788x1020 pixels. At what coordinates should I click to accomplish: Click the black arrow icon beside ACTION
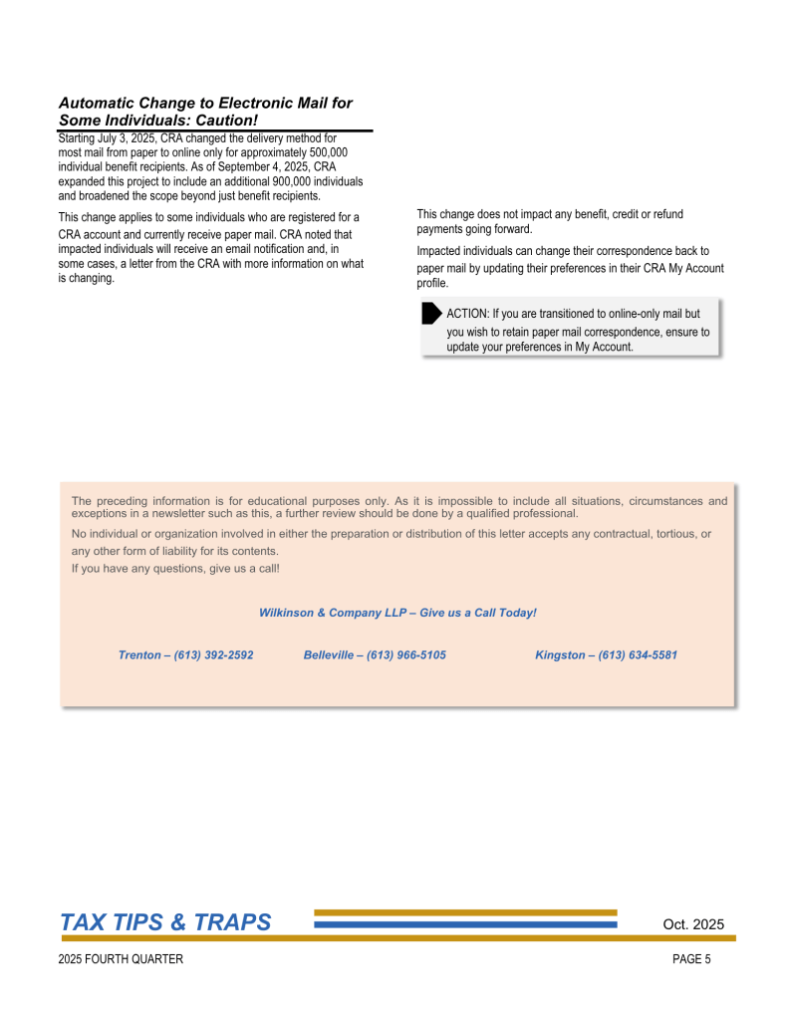pyautogui.click(x=431, y=314)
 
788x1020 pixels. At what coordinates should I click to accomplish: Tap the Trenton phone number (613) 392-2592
pyautogui.click(x=213, y=654)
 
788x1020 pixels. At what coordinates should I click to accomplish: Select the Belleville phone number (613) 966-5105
pyautogui.click(x=406, y=654)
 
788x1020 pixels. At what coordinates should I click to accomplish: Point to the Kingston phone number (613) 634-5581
pyautogui.click(x=638, y=654)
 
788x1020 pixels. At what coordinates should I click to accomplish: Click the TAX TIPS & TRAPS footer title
pyautogui.click(x=165, y=922)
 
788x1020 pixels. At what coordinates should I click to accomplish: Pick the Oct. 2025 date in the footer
pyautogui.click(x=693, y=924)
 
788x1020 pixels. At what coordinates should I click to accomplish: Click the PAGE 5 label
pyautogui.click(x=691, y=959)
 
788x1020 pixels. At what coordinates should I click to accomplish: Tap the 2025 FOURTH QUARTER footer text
pyautogui.click(x=121, y=959)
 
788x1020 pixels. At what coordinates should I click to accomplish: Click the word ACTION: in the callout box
pyautogui.click(x=467, y=314)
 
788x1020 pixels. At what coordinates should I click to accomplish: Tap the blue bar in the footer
pyautogui.click(x=465, y=924)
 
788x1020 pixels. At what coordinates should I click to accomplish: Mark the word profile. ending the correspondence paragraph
pyautogui.click(x=432, y=283)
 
